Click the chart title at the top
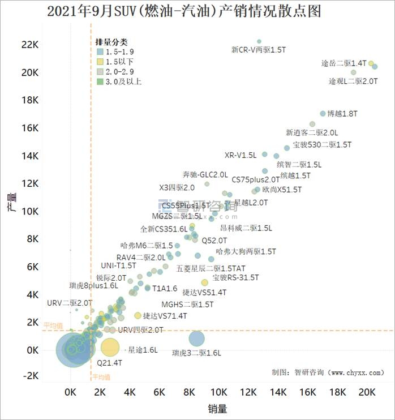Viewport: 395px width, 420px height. point(197,11)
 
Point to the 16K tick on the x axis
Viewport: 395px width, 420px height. point(307,392)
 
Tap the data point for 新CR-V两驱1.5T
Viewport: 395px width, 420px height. point(259,41)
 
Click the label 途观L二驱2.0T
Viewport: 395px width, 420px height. point(353,82)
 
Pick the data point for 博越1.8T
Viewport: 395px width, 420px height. point(323,114)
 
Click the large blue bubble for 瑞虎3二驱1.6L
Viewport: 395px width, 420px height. point(196,338)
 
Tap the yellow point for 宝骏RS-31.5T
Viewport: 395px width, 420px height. point(205,282)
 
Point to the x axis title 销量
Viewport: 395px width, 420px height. point(218,408)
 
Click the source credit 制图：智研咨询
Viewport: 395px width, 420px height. point(328,372)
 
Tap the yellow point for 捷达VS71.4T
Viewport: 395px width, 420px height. point(138,315)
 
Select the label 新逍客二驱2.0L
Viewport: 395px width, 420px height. point(312,132)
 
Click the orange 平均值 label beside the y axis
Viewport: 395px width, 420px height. point(53,325)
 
